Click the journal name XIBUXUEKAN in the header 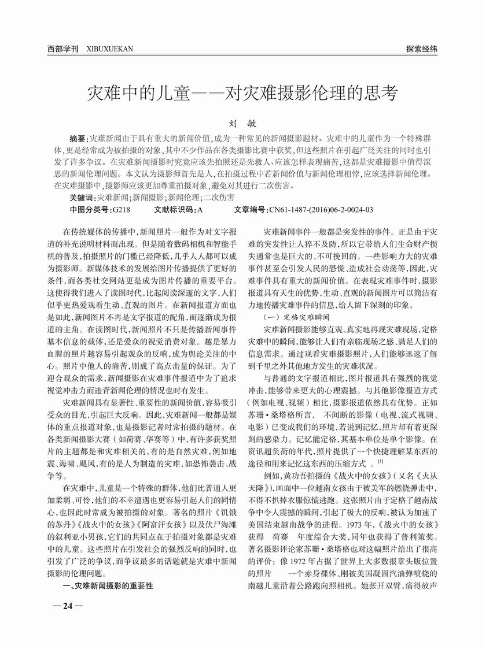(x=109, y=49)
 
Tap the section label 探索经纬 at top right (x=421, y=49)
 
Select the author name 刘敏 (x=241, y=123)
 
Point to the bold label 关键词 (x=83, y=197)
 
